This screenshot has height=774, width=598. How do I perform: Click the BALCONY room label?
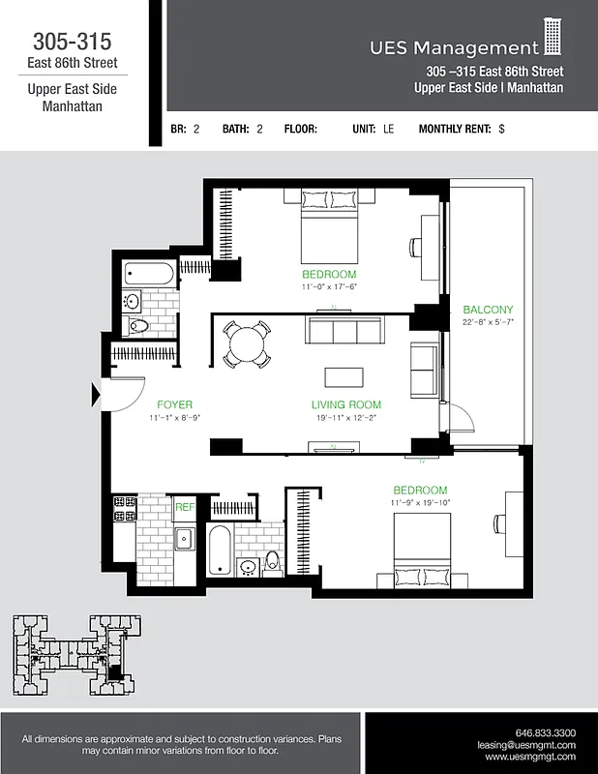pos(488,310)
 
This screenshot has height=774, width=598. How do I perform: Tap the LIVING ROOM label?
pos(345,404)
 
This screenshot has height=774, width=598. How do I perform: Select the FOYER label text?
pos(174,404)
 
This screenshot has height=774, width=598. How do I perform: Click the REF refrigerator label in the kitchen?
pos(184,506)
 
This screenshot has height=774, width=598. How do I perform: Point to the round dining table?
pos(245,343)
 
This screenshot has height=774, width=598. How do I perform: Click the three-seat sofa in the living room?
pos(344,331)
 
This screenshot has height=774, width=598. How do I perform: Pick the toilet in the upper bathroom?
pos(136,325)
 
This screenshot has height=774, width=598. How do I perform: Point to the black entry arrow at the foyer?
pos(96,394)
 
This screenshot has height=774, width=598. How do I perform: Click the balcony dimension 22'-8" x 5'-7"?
pos(488,322)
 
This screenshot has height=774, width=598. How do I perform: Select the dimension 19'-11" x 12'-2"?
pos(345,417)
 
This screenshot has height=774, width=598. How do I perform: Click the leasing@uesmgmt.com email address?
pos(526,745)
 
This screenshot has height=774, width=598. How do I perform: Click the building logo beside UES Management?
pos(553,37)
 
